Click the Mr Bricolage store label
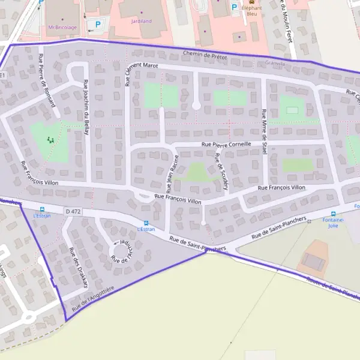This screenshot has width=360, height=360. tap(63, 27)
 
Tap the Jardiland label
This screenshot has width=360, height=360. tap(141, 20)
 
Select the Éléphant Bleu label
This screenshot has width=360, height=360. tap(253, 12)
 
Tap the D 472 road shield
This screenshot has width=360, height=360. tap(73, 212)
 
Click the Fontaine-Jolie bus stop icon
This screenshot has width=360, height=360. tap(334, 214)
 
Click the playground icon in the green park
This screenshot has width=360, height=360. tap(50, 139)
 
